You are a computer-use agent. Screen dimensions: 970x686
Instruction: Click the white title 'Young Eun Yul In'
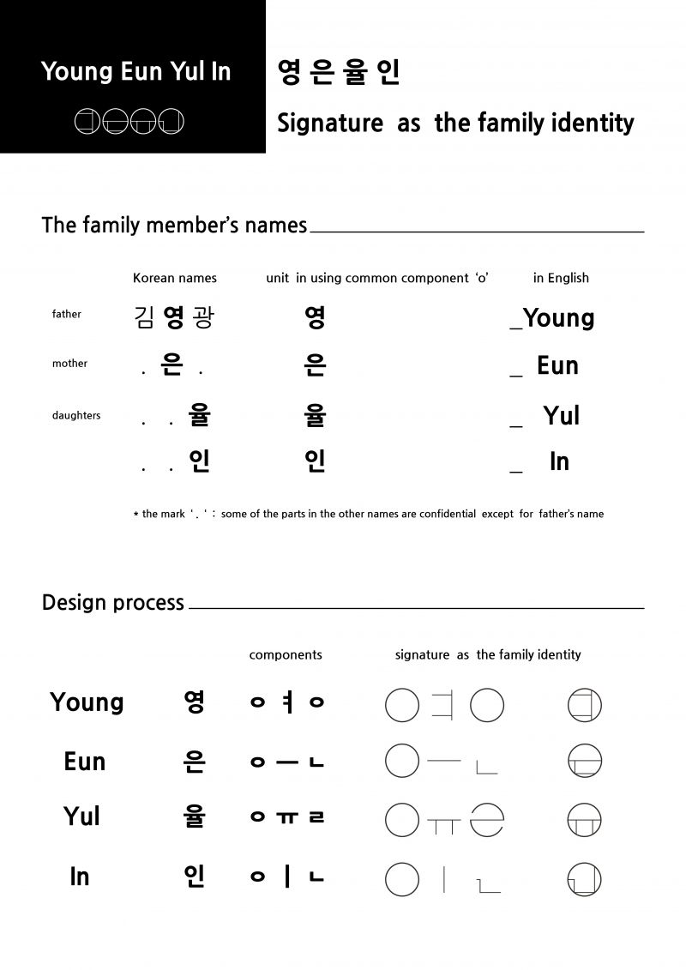click(135, 71)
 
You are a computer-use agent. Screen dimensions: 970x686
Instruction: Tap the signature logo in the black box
click(129, 123)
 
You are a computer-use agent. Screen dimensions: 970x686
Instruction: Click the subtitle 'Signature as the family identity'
click(455, 123)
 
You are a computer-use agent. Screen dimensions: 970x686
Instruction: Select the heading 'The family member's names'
click(174, 225)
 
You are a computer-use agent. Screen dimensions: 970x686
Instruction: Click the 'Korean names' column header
click(175, 278)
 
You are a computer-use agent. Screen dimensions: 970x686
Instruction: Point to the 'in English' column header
click(561, 278)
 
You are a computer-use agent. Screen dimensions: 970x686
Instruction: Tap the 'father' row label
click(66, 314)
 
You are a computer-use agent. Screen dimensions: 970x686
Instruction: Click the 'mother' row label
click(69, 364)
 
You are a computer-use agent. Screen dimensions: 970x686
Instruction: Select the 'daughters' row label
click(75, 415)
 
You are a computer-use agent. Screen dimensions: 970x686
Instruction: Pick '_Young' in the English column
click(552, 318)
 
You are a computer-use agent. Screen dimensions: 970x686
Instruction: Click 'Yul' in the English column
click(562, 416)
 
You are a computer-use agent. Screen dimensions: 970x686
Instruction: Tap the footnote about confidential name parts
click(368, 514)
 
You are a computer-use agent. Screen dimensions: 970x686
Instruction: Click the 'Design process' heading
click(113, 603)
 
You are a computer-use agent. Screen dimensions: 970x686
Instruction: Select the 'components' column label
click(286, 654)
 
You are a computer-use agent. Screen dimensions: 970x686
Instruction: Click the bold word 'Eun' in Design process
click(84, 761)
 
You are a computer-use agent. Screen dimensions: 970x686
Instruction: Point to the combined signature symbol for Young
click(585, 705)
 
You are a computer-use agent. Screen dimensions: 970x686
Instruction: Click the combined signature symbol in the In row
click(585, 879)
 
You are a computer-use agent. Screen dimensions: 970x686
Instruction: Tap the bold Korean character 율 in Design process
click(195, 816)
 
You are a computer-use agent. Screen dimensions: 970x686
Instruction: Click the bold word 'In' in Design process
click(80, 877)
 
